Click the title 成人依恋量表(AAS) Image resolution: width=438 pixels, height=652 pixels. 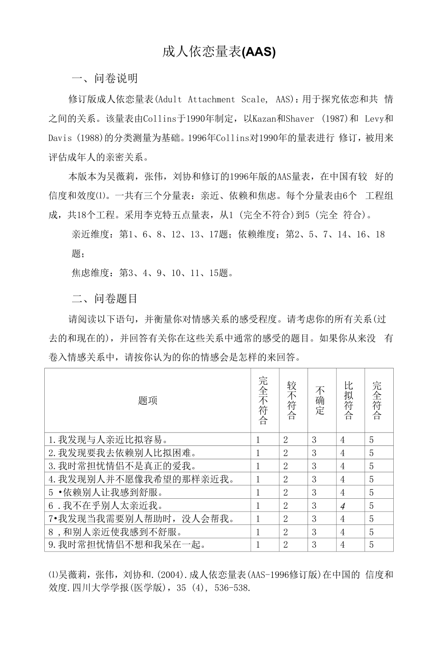pyautogui.click(x=219, y=52)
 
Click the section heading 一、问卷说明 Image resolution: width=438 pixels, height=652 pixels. pyautogui.click(x=104, y=78)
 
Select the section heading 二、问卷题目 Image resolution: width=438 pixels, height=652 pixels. pyautogui.click(x=104, y=298)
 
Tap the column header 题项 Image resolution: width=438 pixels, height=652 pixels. pyautogui.click(x=148, y=400)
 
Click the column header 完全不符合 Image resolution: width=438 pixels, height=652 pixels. pyautogui.click(x=263, y=400)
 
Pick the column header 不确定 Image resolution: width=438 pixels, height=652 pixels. pyautogui.click(x=320, y=400)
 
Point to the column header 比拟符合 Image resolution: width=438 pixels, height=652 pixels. pyautogui.click(x=348, y=400)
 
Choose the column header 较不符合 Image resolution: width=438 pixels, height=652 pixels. pyautogui.click(x=291, y=400)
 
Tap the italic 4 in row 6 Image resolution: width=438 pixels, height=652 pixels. pyautogui.click(x=342, y=506)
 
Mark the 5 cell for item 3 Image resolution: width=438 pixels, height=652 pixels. pyautogui.click(x=371, y=466)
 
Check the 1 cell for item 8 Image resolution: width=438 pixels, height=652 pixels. pyautogui.click(x=258, y=532)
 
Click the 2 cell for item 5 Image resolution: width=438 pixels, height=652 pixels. pyautogui.click(x=286, y=493)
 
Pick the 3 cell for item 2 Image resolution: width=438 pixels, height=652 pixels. pyautogui.click(x=314, y=453)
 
